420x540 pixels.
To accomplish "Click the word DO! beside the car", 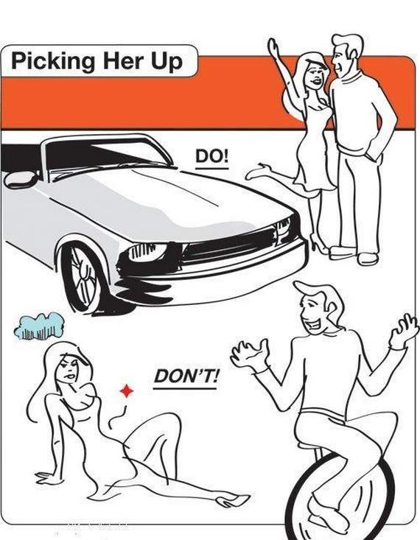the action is coord(212,157).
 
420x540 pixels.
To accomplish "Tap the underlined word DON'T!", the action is coord(186,376).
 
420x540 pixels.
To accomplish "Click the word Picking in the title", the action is coord(53,62).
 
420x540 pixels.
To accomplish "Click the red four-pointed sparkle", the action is coord(127,391).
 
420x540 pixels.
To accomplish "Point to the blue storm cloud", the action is coord(39,326).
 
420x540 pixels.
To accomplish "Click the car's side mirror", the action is coord(21,179).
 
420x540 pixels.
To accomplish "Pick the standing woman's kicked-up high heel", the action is coord(259,171).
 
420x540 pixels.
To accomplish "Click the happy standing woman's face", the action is coord(315,77).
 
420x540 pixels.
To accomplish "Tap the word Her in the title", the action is coord(122,61).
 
